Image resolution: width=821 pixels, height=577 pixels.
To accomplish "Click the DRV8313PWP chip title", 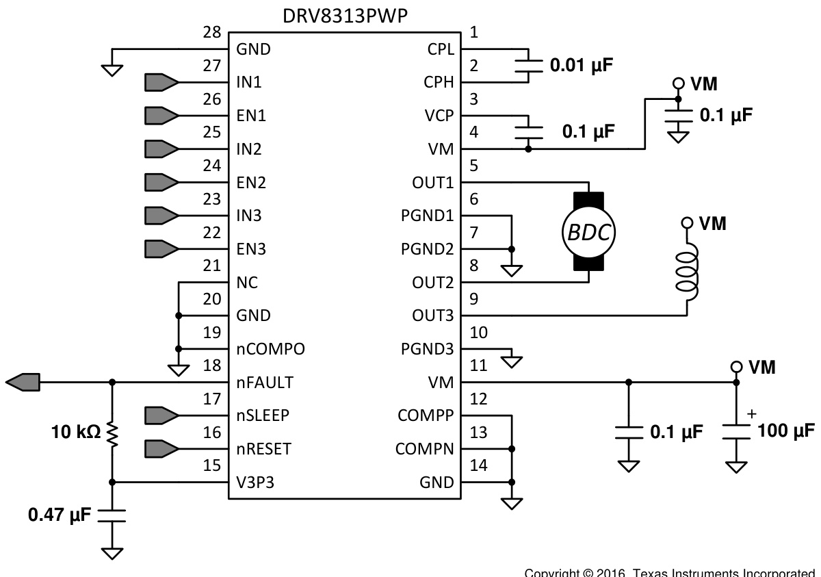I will [346, 16].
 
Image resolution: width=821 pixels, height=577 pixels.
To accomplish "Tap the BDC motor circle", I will [588, 232].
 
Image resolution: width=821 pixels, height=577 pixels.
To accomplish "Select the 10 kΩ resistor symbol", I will [112, 432].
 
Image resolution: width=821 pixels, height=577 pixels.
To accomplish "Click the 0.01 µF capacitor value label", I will [581, 66].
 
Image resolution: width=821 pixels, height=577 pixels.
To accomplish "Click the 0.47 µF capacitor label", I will [59, 515].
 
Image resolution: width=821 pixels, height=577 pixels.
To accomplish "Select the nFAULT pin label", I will [265, 383].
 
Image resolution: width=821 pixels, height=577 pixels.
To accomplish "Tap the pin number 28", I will [212, 33].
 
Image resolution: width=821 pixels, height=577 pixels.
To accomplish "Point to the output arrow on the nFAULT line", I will [23, 382].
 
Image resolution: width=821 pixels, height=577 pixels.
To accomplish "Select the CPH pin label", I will [439, 83].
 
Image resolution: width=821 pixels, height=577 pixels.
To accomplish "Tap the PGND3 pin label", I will [428, 349].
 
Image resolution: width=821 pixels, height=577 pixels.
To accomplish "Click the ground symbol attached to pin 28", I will [112, 68].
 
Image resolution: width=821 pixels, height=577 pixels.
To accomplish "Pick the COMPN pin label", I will [424, 449].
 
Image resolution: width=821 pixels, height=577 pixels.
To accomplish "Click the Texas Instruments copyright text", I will [670, 572].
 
